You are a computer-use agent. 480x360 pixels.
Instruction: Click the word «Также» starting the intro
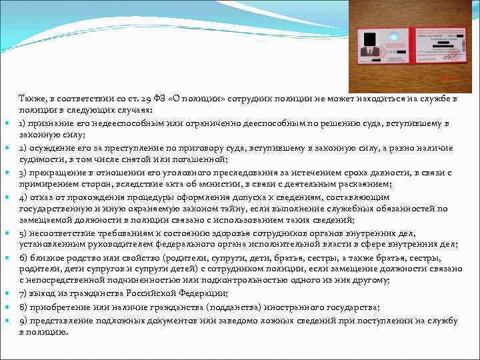click(31, 99)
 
